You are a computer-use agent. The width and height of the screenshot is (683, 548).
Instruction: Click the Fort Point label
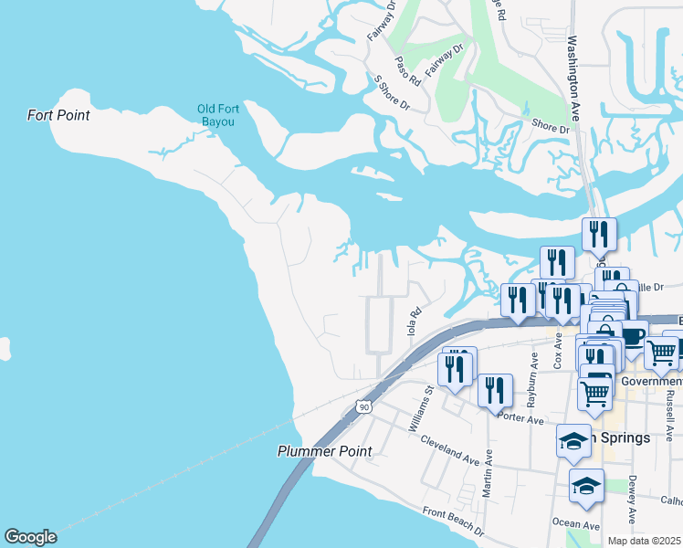click(x=58, y=115)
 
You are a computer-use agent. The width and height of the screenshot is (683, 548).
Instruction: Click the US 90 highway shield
click(x=364, y=406)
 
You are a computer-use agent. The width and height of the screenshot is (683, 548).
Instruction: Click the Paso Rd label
click(x=407, y=70)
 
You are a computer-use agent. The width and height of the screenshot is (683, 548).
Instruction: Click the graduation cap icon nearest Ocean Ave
click(x=586, y=485)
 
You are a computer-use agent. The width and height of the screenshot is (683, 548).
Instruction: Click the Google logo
click(x=30, y=537)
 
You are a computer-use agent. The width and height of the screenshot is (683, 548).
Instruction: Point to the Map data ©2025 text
click(x=644, y=541)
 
